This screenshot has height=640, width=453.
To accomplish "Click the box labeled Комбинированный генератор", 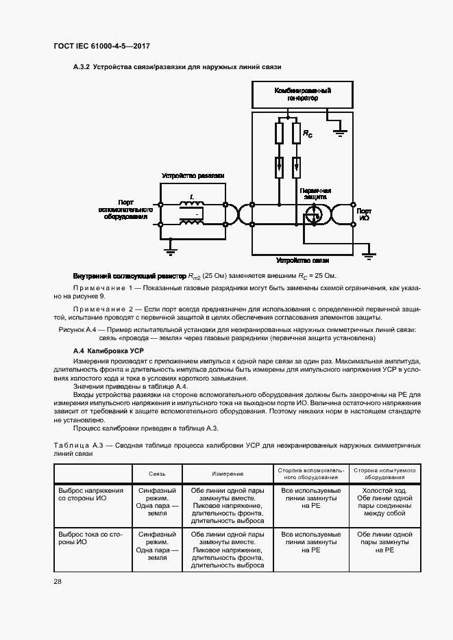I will [x=303, y=94].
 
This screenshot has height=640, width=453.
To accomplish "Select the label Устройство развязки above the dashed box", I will [x=193, y=176].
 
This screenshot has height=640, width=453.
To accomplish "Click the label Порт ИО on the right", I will [x=364, y=214].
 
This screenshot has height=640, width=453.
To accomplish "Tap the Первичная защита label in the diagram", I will [x=315, y=194].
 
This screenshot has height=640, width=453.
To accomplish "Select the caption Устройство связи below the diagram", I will [x=303, y=261].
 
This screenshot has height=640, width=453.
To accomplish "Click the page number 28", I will [x=58, y=581].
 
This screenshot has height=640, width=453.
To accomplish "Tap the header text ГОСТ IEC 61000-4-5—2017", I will [x=101, y=47].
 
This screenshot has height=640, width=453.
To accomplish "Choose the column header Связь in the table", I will [x=158, y=474].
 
